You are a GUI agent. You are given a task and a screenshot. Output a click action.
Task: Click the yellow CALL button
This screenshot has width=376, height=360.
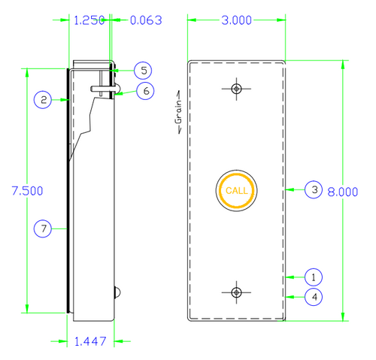pos(236,190)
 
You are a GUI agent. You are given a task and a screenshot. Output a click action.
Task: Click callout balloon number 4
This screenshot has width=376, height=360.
pos(314,296)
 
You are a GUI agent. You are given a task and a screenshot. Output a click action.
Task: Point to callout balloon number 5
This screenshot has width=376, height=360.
pos(145,70)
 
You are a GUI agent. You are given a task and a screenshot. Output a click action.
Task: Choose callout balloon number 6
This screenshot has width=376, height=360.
pos(145,90)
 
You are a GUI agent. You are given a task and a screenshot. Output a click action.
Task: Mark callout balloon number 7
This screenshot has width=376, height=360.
pos(44,228)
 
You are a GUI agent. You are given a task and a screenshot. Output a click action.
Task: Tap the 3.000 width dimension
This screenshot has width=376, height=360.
pos(236,21)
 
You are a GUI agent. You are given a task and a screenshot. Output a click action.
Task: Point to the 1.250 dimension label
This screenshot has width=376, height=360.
pos(89,21)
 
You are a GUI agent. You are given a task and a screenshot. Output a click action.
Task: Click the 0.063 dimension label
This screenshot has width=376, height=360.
pos(144,21)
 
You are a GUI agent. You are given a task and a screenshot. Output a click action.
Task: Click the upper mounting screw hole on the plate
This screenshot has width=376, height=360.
pos(236,89)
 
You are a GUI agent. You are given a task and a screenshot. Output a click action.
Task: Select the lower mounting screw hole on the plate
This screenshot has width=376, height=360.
pos(236,292)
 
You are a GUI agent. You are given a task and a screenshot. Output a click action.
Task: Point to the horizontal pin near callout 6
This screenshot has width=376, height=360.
pos(104,88)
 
